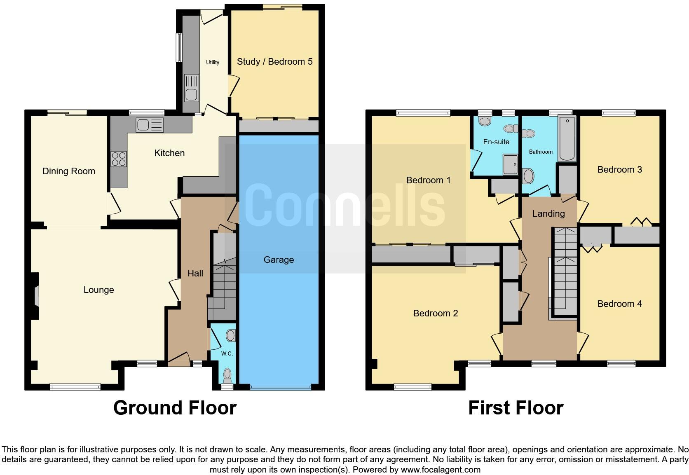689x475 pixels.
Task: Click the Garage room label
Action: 279,260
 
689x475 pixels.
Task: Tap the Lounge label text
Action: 98,290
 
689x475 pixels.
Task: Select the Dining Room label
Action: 69,171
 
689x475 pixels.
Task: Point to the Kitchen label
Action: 169,153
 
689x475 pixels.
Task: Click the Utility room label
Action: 213,63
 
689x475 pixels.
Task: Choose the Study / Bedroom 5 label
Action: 274,62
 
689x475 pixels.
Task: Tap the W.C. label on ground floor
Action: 227,354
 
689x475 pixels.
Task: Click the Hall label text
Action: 195,274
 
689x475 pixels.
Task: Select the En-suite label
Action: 496,142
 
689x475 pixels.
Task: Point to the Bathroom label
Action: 541,152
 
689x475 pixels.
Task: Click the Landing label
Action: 548,214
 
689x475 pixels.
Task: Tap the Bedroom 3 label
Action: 619,170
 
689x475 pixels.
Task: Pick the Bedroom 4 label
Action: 619,304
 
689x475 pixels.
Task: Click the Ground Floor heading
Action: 175,408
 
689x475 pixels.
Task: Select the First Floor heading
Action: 516,408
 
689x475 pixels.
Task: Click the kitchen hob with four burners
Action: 119,159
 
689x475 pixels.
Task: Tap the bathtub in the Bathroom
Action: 567,138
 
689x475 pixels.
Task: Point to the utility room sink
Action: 191,94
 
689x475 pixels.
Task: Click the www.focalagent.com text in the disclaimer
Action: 440,470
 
